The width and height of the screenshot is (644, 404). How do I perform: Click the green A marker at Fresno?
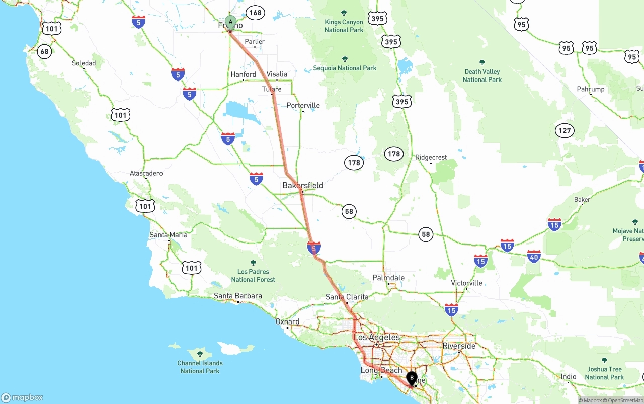[x=230, y=22]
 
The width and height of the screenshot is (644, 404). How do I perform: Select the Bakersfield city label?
[x=302, y=185]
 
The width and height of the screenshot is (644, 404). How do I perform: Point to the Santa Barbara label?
[x=237, y=296]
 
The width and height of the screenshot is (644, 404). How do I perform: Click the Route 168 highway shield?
[x=255, y=13]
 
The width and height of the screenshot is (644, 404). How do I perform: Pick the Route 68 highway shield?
[x=45, y=51]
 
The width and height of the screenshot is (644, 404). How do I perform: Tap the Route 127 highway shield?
[x=565, y=131]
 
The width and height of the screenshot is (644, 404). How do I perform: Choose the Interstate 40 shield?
[x=534, y=257]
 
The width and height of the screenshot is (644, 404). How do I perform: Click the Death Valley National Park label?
[x=482, y=75]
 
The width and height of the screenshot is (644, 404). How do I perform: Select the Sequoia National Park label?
[x=345, y=68]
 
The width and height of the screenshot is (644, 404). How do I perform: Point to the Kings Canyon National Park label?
[x=344, y=26]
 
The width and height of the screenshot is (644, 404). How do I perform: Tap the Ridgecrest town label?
[x=431, y=157]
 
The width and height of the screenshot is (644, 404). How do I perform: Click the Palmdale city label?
[x=388, y=278]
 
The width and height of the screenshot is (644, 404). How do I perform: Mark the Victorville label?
[x=466, y=283]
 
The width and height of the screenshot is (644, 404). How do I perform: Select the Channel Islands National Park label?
[x=200, y=367]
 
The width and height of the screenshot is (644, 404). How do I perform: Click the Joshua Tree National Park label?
[x=604, y=373]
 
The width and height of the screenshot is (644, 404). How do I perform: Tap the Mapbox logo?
[x=22, y=397]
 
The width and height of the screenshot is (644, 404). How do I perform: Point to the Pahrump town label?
[x=591, y=89]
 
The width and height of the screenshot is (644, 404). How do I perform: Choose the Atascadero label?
[x=146, y=173]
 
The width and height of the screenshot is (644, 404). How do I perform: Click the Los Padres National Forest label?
[x=253, y=275]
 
